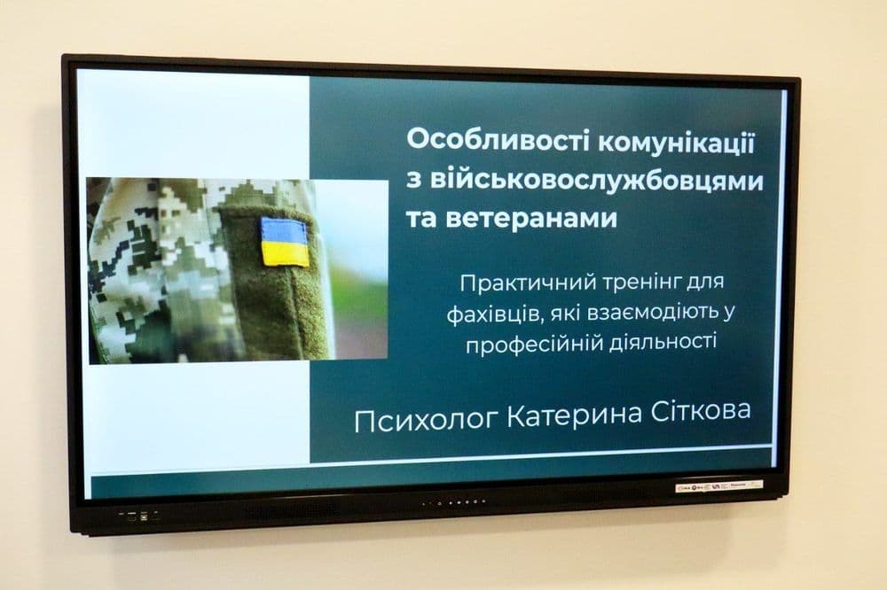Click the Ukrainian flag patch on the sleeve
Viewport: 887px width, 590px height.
pyautogui.click(x=285, y=241)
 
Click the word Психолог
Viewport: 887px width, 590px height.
pyautogui.click(x=425, y=418)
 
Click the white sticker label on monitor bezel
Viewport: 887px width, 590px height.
pyautogui.click(x=718, y=486)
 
